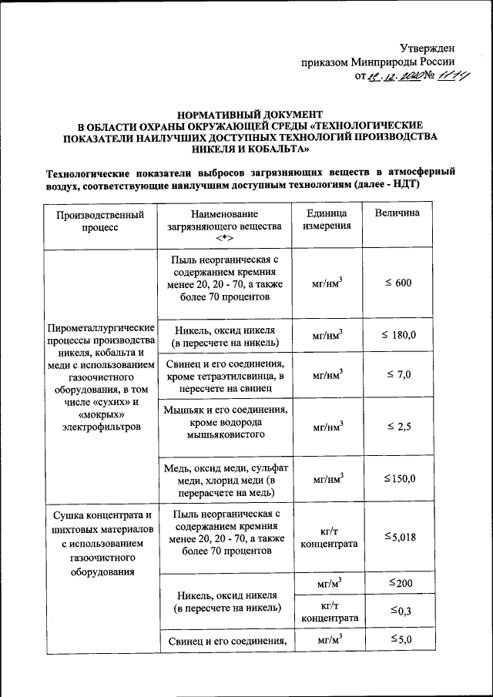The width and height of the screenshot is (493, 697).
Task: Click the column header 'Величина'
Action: coord(397,213)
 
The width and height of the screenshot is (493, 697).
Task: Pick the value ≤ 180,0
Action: coord(398,336)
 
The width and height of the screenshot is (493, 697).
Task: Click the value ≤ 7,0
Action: coord(398,375)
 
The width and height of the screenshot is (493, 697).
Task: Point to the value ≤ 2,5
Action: coord(398,426)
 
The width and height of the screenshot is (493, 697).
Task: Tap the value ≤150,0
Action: coord(399,478)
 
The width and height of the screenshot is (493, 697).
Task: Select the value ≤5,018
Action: coord(399,537)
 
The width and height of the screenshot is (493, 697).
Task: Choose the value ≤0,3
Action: coord(399,611)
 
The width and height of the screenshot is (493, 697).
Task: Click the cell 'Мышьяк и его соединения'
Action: coord(226,421)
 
